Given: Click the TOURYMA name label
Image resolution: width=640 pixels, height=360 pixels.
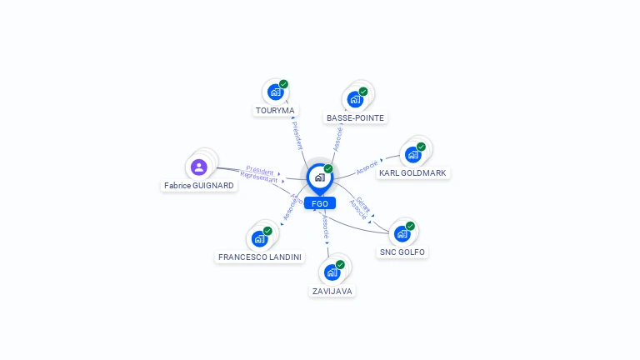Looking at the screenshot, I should (x=275, y=110).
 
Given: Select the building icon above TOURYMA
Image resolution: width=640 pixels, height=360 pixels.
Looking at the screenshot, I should (x=275, y=92).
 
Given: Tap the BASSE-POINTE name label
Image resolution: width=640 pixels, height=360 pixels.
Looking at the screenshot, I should (x=355, y=117).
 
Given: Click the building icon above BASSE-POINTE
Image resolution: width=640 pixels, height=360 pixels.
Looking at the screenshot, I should (x=355, y=99).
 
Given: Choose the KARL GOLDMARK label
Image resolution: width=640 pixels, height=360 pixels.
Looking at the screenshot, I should (x=412, y=172).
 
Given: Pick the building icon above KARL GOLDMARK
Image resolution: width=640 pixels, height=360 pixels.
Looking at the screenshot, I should (x=412, y=154).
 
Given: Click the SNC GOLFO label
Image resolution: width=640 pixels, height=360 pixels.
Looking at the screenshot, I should (x=402, y=252).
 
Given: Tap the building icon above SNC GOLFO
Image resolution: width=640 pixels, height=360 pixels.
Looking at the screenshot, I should (x=402, y=233).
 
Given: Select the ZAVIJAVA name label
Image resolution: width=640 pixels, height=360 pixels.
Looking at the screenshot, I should (x=332, y=291).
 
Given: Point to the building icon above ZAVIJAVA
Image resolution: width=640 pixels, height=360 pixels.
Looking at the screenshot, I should (x=332, y=272).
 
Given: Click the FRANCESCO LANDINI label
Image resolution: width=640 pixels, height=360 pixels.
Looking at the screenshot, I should (x=260, y=257).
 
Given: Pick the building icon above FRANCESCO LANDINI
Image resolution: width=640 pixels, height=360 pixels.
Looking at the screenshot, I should (x=259, y=238).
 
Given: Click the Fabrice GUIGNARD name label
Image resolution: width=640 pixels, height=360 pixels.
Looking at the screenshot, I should (x=199, y=186).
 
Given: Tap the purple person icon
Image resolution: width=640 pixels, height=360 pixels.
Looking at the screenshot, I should (x=199, y=167).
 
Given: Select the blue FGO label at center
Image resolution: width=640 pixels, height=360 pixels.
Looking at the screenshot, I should (x=319, y=203).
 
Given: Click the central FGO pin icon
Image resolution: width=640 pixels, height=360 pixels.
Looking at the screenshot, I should (x=318, y=177).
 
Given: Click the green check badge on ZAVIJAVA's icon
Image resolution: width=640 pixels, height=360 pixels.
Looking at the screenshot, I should (x=340, y=264).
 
